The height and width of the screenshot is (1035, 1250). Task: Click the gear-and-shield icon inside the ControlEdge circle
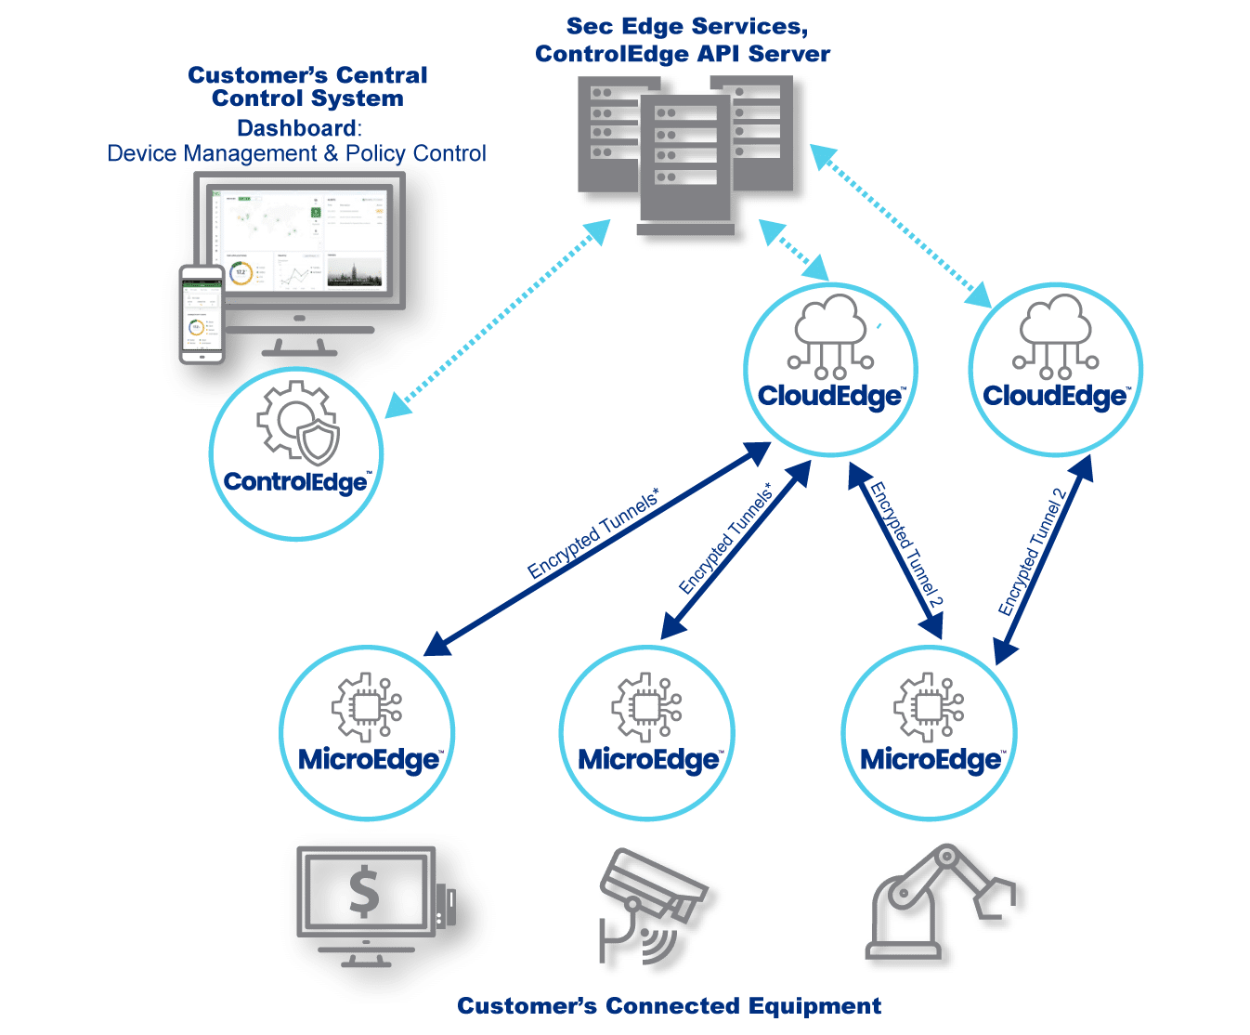[x=298, y=423]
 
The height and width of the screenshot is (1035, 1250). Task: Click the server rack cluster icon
[x=685, y=153]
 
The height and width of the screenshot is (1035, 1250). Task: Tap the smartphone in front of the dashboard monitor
[x=202, y=314]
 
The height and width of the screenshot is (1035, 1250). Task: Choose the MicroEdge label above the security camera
[x=649, y=760]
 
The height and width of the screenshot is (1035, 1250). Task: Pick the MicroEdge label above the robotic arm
[x=931, y=760]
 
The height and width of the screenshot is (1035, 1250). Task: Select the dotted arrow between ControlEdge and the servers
[x=497, y=319]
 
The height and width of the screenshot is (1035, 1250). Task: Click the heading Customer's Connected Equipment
[x=669, y=1006]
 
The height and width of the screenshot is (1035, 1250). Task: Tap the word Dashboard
[x=298, y=128]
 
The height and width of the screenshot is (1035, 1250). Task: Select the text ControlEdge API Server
[x=683, y=54]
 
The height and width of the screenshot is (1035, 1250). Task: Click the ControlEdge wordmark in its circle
[x=296, y=482]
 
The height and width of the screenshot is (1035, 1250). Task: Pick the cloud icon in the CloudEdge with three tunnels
[x=830, y=335]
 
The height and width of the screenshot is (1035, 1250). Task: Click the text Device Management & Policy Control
[x=296, y=153]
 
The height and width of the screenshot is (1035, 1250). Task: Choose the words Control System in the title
[x=306, y=99]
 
